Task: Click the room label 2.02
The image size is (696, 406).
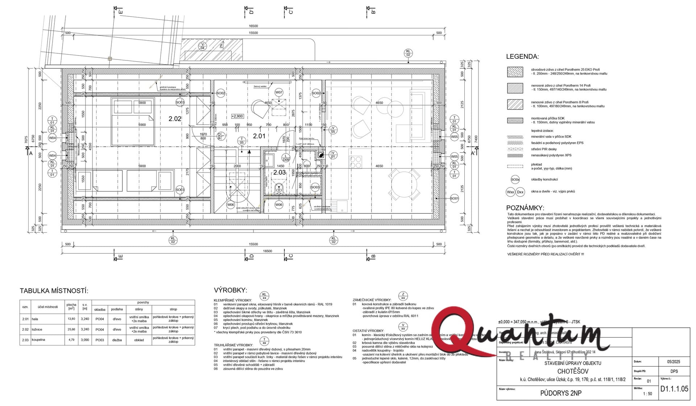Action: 175,119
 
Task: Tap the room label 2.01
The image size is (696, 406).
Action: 259,136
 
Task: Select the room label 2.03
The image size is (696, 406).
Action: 279,173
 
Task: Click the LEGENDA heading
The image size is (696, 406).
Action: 522,57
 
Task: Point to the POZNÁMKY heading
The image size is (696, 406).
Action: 525,208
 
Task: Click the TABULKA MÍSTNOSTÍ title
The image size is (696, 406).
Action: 54,291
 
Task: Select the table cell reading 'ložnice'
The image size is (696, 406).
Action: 37,330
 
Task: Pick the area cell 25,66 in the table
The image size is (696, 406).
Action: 71,330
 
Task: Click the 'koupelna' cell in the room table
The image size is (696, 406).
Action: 38,340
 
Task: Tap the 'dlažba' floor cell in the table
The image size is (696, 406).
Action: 117,340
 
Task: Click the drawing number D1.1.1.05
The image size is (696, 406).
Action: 674,389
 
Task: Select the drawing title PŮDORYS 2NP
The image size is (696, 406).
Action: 561,393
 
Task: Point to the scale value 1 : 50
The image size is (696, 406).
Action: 647,394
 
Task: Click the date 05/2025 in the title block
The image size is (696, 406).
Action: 674,362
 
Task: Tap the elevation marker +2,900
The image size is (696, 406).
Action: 237,116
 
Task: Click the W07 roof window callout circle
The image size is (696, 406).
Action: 279,92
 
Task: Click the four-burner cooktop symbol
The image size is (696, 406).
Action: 356,162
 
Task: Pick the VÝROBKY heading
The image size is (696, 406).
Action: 230,290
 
